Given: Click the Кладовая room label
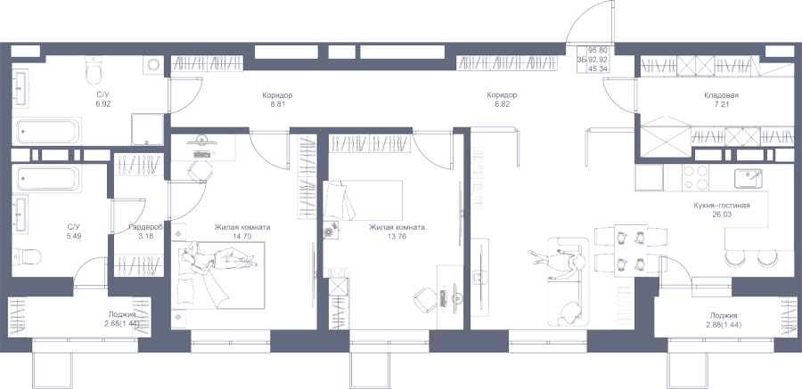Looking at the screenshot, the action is pyautogui.click(x=721, y=95).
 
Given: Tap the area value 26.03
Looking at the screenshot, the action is pyautogui.click(x=721, y=215).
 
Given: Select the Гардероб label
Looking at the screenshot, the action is pyautogui.click(x=146, y=228).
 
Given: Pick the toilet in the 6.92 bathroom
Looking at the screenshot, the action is pyautogui.click(x=94, y=70).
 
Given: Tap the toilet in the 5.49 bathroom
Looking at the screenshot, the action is pyautogui.click(x=27, y=255).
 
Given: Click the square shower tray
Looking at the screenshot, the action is pyautogui.click(x=148, y=129).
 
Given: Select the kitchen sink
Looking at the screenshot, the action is pyautogui.click(x=749, y=178).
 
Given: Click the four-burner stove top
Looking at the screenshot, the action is pyautogui.click(x=695, y=177).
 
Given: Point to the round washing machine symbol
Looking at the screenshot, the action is pyautogui.click(x=153, y=64).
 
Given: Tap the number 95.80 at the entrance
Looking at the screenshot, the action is pyautogui.click(x=597, y=50).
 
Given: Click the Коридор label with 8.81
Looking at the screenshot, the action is pyautogui.click(x=277, y=95).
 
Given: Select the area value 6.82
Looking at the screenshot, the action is pyautogui.click(x=502, y=104).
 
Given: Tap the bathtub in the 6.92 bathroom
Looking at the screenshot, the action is pyautogui.click(x=46, y=132).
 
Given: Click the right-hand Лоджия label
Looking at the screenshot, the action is pyautogui.click(x=724, y=316).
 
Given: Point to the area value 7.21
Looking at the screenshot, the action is pyautogui.click(x=721, y=104).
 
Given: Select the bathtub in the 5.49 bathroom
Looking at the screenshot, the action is pyautogui.click(x=46, y=178).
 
